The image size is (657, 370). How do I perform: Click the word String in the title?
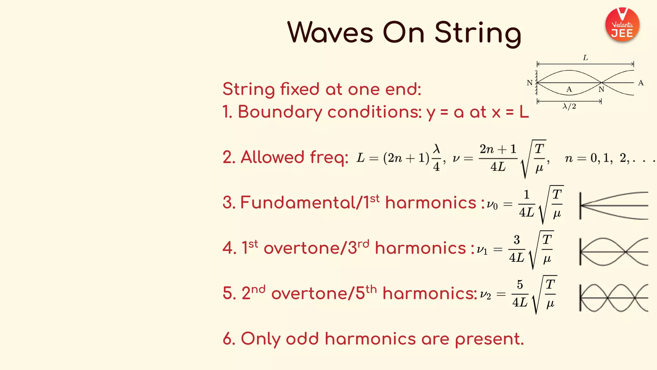coord(478,33)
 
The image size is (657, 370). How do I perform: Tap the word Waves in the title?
coord(330,32)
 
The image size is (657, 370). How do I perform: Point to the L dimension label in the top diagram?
coord(585,58)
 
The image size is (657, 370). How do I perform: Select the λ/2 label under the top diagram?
coord(569,106)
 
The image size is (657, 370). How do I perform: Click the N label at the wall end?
coord(530,83)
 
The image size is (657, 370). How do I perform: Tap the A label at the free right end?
coord(641,83)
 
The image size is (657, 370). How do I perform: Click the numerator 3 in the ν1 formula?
coord(516,240)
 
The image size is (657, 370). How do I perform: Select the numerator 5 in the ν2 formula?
coord(520,285)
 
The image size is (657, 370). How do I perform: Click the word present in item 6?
coord(489,339)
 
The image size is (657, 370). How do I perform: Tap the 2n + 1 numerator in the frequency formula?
coord(498,149)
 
